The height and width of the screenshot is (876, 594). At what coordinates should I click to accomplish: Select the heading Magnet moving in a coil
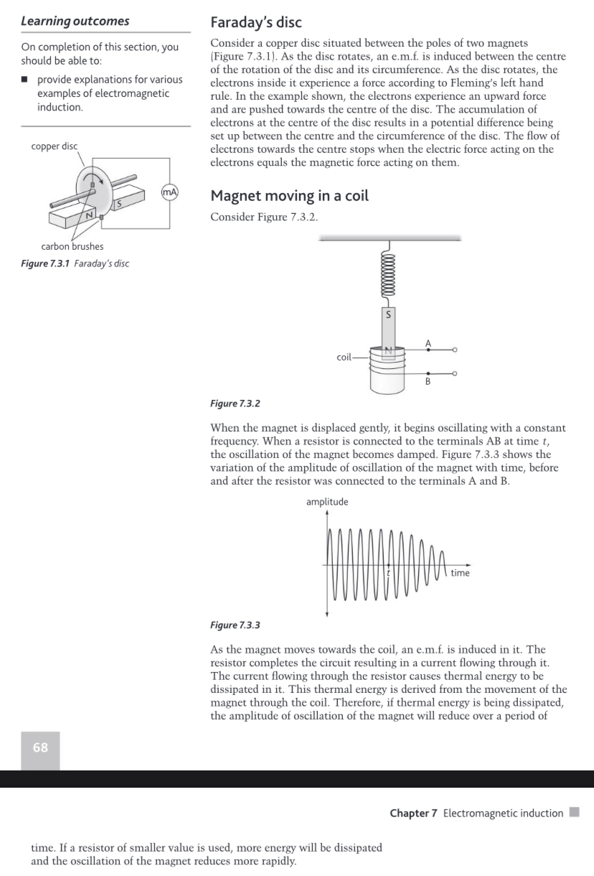coord(289,196)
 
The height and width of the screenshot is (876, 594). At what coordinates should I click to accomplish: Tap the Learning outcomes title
coord(75,21)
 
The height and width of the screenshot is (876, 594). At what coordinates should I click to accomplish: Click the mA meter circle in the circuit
coord(169,192)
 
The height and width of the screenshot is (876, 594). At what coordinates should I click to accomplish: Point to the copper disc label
coord(55,146)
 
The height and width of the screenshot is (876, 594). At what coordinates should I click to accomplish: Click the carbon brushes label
coord(72,246)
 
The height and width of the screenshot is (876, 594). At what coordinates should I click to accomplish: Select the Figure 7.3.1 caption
coord(75,261)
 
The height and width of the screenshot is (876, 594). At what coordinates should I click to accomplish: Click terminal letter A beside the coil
coord(428,342)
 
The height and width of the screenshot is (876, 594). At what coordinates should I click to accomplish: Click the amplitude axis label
coord(327,502)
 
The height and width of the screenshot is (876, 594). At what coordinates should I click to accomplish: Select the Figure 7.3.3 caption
coord(235,625)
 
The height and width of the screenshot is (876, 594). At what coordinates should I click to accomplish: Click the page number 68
coord(40,747)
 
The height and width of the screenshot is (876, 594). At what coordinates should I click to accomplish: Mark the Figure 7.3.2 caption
coord(235,404)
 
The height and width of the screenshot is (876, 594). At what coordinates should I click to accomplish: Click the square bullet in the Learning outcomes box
coord(25,80)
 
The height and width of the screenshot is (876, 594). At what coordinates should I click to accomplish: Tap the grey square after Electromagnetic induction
coord(573,812)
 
